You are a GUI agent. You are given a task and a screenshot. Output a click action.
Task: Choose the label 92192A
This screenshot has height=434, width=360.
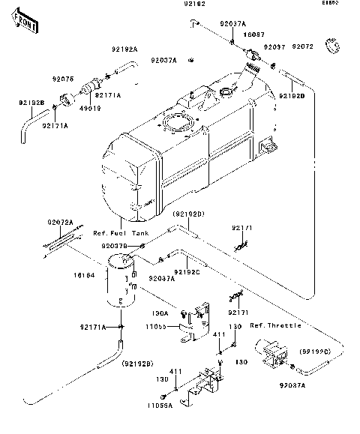tap(125, 49)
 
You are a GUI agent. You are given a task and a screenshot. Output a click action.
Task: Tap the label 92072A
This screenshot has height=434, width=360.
tap(60, 222)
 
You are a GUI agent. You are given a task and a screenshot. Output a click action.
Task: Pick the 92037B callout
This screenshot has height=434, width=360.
tap(115, 246)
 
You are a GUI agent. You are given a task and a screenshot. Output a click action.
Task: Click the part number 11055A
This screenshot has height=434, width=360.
tap(159, 406)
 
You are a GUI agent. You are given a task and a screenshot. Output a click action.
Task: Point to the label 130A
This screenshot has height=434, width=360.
tap(160, 313)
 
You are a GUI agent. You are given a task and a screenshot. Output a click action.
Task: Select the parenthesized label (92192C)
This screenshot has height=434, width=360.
tap(316, 350)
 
